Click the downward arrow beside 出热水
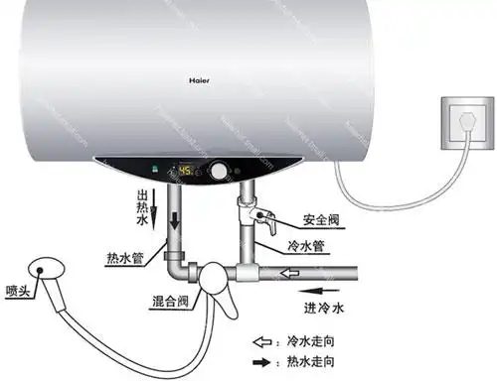click(156, 211)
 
